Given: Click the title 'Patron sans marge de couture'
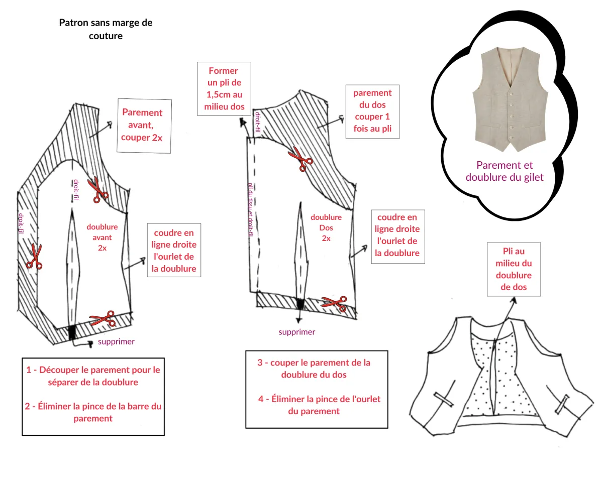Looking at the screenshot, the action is click(x=106, y=29).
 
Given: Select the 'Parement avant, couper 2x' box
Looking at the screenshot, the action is click(x=144, y=126).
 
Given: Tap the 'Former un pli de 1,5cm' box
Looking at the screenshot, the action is click(x=224, y=89).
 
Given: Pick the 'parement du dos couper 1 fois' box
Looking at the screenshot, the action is click(x=372, y=111).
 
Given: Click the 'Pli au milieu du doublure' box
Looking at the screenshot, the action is click(x=514, y=269).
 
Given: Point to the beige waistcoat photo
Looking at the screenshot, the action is click(x=511, y=99).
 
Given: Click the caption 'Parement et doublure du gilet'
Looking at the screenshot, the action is click(x=505, y=171).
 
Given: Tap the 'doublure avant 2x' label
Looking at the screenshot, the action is click(x=102, y=237).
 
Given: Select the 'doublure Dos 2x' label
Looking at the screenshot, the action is click(x=326, y=228).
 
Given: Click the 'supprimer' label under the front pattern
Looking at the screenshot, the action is click(x=116, y=341).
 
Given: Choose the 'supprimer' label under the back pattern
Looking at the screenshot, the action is click(x=297, y=332).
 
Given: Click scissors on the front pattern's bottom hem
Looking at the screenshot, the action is click(x=103, y=318).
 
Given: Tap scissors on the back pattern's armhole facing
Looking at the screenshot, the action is click(x=300, y=159).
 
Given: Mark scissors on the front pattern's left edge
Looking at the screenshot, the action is click(x=34, y=257).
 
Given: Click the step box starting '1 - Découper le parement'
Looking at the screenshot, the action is click(x=93, y=397).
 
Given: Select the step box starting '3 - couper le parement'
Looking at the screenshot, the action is click(x=317, y=389).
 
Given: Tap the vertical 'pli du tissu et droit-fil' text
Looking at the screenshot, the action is click(x=250, y=209).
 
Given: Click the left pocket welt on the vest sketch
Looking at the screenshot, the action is click(x=444, y=400).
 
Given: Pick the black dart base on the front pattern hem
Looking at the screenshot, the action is click(x=72, y=332).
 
